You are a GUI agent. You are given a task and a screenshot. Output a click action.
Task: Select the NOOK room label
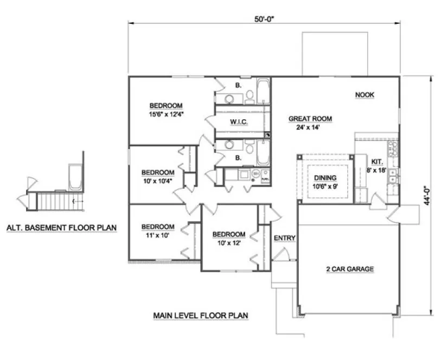point(365,95)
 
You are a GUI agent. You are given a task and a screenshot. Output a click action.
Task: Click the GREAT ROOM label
point(310,119)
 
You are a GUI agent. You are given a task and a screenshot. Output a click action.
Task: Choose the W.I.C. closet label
point(239,123)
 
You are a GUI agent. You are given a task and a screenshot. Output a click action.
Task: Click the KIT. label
point(378,162)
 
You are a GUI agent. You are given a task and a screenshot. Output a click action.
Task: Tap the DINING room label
point(323,178)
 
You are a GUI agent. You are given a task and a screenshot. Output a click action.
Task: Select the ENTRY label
point(284,238)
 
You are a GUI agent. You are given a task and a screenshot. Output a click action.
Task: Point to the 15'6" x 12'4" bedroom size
point(166,114)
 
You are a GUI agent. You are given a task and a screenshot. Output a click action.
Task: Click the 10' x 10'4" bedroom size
point(158,181)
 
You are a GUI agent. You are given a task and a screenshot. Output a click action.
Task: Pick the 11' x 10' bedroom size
point(158,235)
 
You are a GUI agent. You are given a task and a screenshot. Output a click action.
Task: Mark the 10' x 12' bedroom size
point(228,243)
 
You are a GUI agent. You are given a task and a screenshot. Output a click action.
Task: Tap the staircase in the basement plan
point(55,203)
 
